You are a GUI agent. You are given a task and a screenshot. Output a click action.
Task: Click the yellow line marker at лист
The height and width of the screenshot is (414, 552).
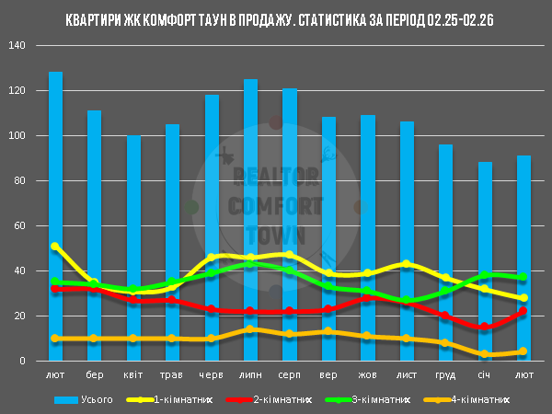point(407,264)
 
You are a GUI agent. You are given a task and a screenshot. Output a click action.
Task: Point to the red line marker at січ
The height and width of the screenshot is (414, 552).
point(485,327)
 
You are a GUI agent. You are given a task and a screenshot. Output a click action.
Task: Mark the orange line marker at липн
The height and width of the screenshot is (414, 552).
point(250,329)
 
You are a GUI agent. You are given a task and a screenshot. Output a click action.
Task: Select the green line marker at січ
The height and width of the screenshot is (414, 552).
point(485,275)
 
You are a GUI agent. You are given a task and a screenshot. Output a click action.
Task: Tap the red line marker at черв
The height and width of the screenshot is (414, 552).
point(212,309)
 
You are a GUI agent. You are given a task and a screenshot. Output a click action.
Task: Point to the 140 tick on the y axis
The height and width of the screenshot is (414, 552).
point(25,46)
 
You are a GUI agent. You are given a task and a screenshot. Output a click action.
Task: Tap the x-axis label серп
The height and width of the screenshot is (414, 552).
point(289,375)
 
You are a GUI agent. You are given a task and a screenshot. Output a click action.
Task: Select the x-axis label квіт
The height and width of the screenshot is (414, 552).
point(133,375)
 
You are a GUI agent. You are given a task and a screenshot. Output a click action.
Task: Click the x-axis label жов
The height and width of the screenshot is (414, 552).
point(367,375)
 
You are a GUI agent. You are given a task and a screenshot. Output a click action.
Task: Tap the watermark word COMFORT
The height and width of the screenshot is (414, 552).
point(276,204)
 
